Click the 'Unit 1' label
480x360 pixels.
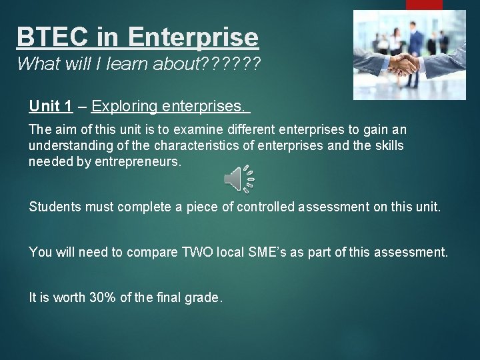51,106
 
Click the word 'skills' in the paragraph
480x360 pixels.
386,145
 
